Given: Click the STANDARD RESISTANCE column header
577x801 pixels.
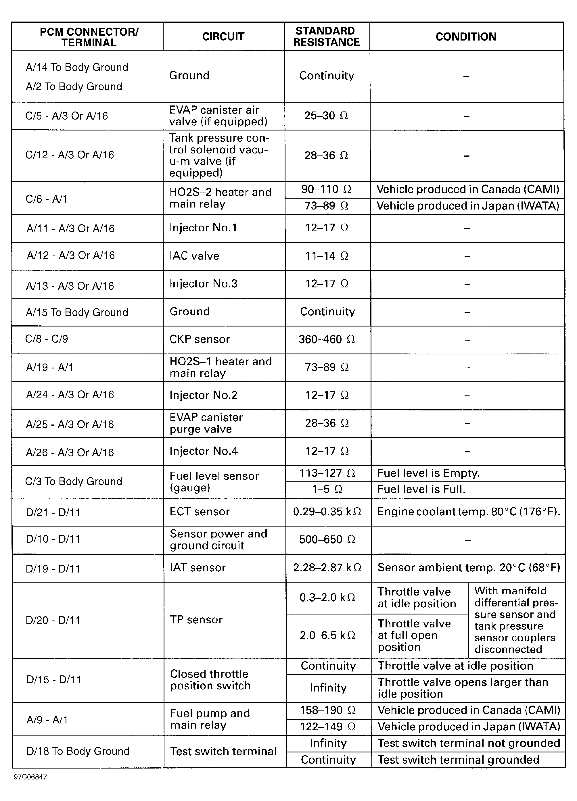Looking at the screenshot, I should click(x=327, y=37).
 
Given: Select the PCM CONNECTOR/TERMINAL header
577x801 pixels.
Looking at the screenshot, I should click(x=89, y=37).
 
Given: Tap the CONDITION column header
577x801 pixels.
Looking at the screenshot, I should click(x=466, y=37).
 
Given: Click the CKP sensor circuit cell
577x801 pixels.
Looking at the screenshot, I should click(x=200, y=339).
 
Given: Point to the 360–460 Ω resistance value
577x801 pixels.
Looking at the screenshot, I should click(x=327, y=339).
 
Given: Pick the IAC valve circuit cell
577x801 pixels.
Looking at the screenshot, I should click(x=194, y=256).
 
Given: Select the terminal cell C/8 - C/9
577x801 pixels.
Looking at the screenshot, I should click(x=47, y=339).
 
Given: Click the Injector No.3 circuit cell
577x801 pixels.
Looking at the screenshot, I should click(x=204, y=284).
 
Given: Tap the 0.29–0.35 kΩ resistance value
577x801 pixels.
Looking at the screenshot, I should click(x=327, y=512).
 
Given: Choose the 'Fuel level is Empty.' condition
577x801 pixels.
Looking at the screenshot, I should click(x=428, y=473).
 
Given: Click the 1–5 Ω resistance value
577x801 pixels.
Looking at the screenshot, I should click(x=327, y=489).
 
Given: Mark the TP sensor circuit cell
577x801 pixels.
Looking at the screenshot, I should click(x=196, y=620).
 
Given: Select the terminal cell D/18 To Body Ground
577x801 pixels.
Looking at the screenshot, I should click(x=78, y=751).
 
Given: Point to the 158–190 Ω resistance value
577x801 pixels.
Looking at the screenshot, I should click(x=327, y=710).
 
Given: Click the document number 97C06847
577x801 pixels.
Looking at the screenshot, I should click(x=30, y=777).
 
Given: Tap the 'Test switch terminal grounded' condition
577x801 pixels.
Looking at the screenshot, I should click(x=458, y=760).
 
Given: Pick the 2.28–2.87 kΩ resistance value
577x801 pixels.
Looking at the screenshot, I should click(x=327, y=568).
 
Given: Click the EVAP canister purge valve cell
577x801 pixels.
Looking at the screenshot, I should click(x=206, y=423).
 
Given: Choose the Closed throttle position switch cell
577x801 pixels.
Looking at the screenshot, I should click(x=210, y=680).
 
